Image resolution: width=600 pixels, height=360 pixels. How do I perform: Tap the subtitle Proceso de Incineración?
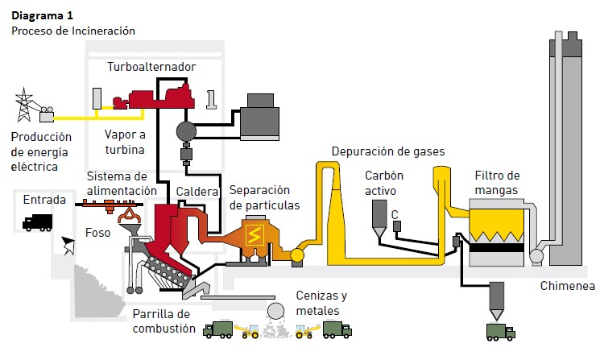coord(72,31)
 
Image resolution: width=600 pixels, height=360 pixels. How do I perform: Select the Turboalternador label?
coord(151,64)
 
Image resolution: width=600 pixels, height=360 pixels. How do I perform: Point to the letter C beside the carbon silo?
coord(395,213)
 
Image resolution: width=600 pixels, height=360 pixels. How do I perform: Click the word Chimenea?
coord(568,286)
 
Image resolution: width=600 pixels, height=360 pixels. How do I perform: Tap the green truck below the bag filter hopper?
coord(499,330)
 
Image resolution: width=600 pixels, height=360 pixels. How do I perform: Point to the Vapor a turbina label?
coord(125,142)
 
